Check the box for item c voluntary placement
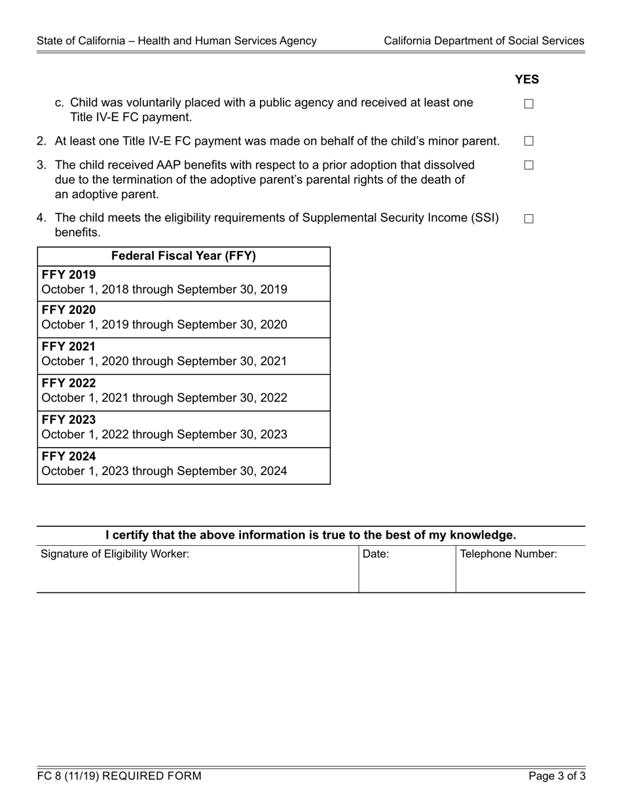tap(529, 104)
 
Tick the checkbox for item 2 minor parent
tap(529, 141)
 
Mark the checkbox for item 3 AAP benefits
tap(529, 165)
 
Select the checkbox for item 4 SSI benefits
tap(529, 219)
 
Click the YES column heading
tap(526, 79)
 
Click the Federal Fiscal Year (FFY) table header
tap(183, 256)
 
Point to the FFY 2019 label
tap(69, 275)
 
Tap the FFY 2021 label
tap(69, 347)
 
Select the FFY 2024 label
tap(69, 456)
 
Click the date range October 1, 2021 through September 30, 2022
tap(164, 398)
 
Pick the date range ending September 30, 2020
tap(164, 324)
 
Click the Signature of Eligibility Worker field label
tap(115, 554)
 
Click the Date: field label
tap(376, 554)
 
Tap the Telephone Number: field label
tap(509, 554)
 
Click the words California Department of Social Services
tap(484, 41)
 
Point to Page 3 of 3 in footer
tap(557, 777)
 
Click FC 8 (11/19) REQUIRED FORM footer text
tap(119, 777)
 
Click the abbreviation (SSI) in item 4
tap(485, 218)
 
